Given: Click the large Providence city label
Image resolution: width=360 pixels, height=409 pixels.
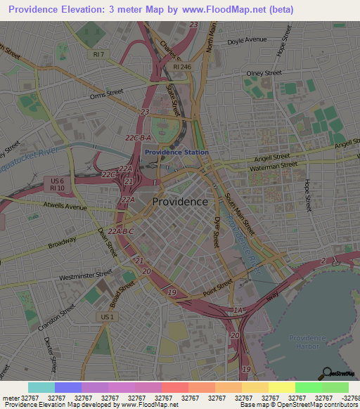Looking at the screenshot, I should pos(180,201).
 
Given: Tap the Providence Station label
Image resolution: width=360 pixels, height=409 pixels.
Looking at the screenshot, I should pos(176,152).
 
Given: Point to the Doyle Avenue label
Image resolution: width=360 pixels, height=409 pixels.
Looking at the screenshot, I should pos(247,40).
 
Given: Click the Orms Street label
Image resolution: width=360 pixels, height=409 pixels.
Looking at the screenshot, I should pos(105,91).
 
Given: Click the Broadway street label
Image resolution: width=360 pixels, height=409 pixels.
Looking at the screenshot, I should pos(62,242).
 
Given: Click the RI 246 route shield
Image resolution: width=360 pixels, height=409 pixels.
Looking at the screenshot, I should pos(181,67).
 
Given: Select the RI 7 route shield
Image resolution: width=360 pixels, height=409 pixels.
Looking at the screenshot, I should pos(98,54).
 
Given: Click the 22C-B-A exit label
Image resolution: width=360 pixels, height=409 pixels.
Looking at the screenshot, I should pos(138,138).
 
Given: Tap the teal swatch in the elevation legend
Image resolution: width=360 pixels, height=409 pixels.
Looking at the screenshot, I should pos(41,387).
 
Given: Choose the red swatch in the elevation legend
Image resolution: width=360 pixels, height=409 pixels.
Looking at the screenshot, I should pos(174,387).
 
